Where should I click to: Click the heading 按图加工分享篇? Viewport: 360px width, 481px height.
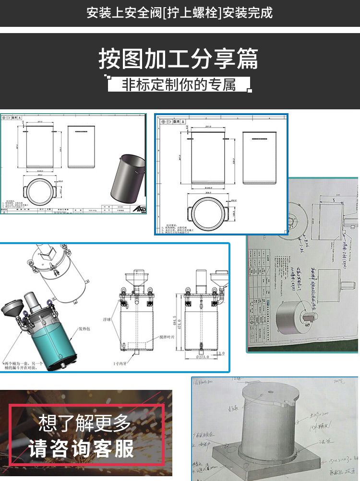click(x=179, y=59)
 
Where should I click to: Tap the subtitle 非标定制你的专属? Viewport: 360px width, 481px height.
click(x=179, y=84)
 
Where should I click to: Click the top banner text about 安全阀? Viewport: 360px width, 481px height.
click(x=180, y=12)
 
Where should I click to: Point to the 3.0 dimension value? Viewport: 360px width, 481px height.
click(x=221, y=353)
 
